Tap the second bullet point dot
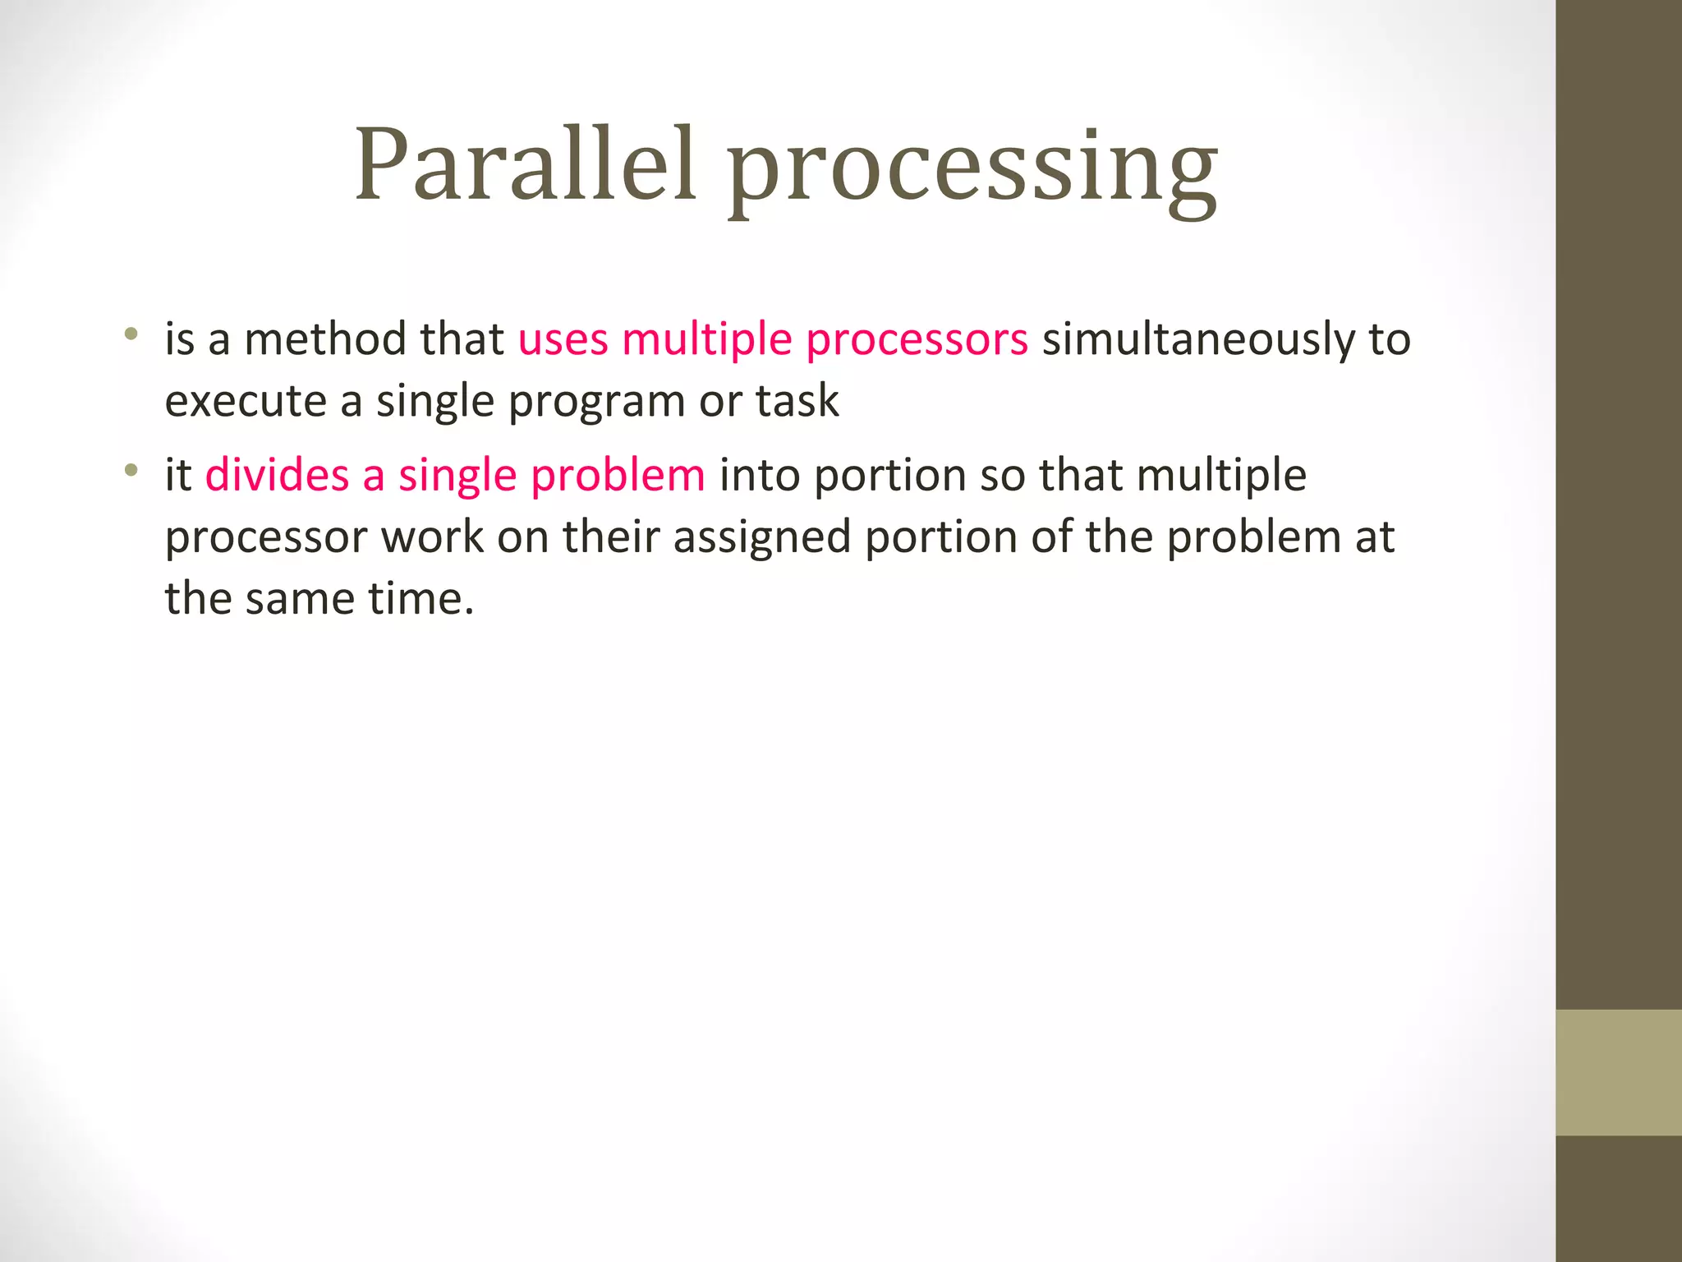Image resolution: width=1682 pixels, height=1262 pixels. [131, 471]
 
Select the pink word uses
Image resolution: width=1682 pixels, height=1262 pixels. [563, 339]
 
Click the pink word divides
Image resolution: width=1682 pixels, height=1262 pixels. [277, 476]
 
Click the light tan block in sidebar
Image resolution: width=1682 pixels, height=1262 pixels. [1618, 1072]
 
